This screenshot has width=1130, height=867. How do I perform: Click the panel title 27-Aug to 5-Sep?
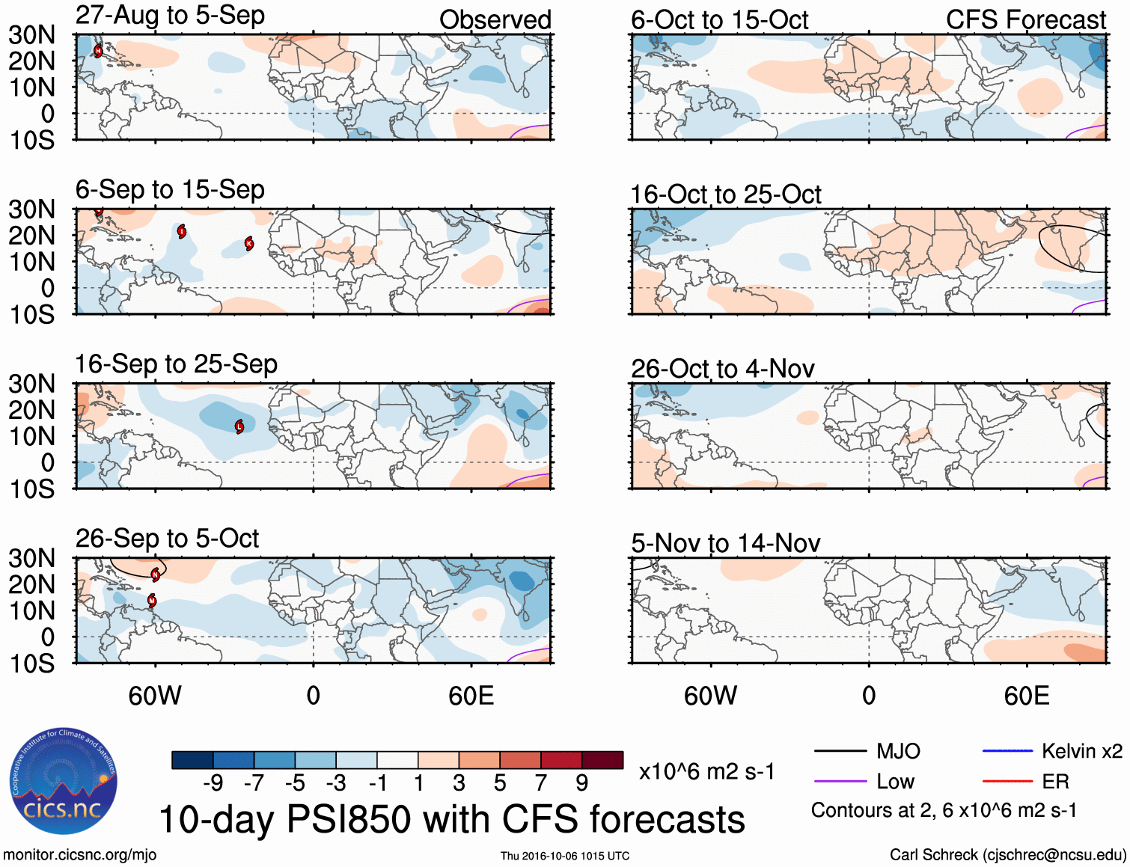[x=170, y=16]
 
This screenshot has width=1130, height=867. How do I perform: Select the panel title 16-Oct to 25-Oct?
[x=725, y=194]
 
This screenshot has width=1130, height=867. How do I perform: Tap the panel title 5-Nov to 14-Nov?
[x=725, y=543]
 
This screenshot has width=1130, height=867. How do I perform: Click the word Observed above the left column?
[x=495, y=20]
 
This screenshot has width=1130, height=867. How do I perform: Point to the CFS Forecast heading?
[x=1025, y=20]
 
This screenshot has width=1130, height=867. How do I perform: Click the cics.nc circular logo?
[x=63, y=782]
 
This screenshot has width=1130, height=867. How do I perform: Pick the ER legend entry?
[x=1055, y=782]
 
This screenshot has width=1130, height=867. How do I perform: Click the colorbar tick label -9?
[x=213, y=783]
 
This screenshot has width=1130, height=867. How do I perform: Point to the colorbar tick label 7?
[x=540, y=783]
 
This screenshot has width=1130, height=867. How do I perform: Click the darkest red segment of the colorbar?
[x=602, y=760]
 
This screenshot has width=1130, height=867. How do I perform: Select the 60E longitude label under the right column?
[x=1026, y=696]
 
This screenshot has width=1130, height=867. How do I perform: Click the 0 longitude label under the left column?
[x=313, y=696]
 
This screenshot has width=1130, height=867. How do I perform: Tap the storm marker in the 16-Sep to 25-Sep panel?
[x=239, y=426]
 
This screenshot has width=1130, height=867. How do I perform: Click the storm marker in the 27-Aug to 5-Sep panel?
[x=98, y=51]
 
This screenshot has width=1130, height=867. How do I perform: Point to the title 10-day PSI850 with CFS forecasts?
[x=452, y=819]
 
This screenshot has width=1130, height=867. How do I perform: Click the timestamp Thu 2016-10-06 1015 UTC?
[x=565, y=856]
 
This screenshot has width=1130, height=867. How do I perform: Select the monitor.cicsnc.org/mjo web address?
[x=80, y=854]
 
